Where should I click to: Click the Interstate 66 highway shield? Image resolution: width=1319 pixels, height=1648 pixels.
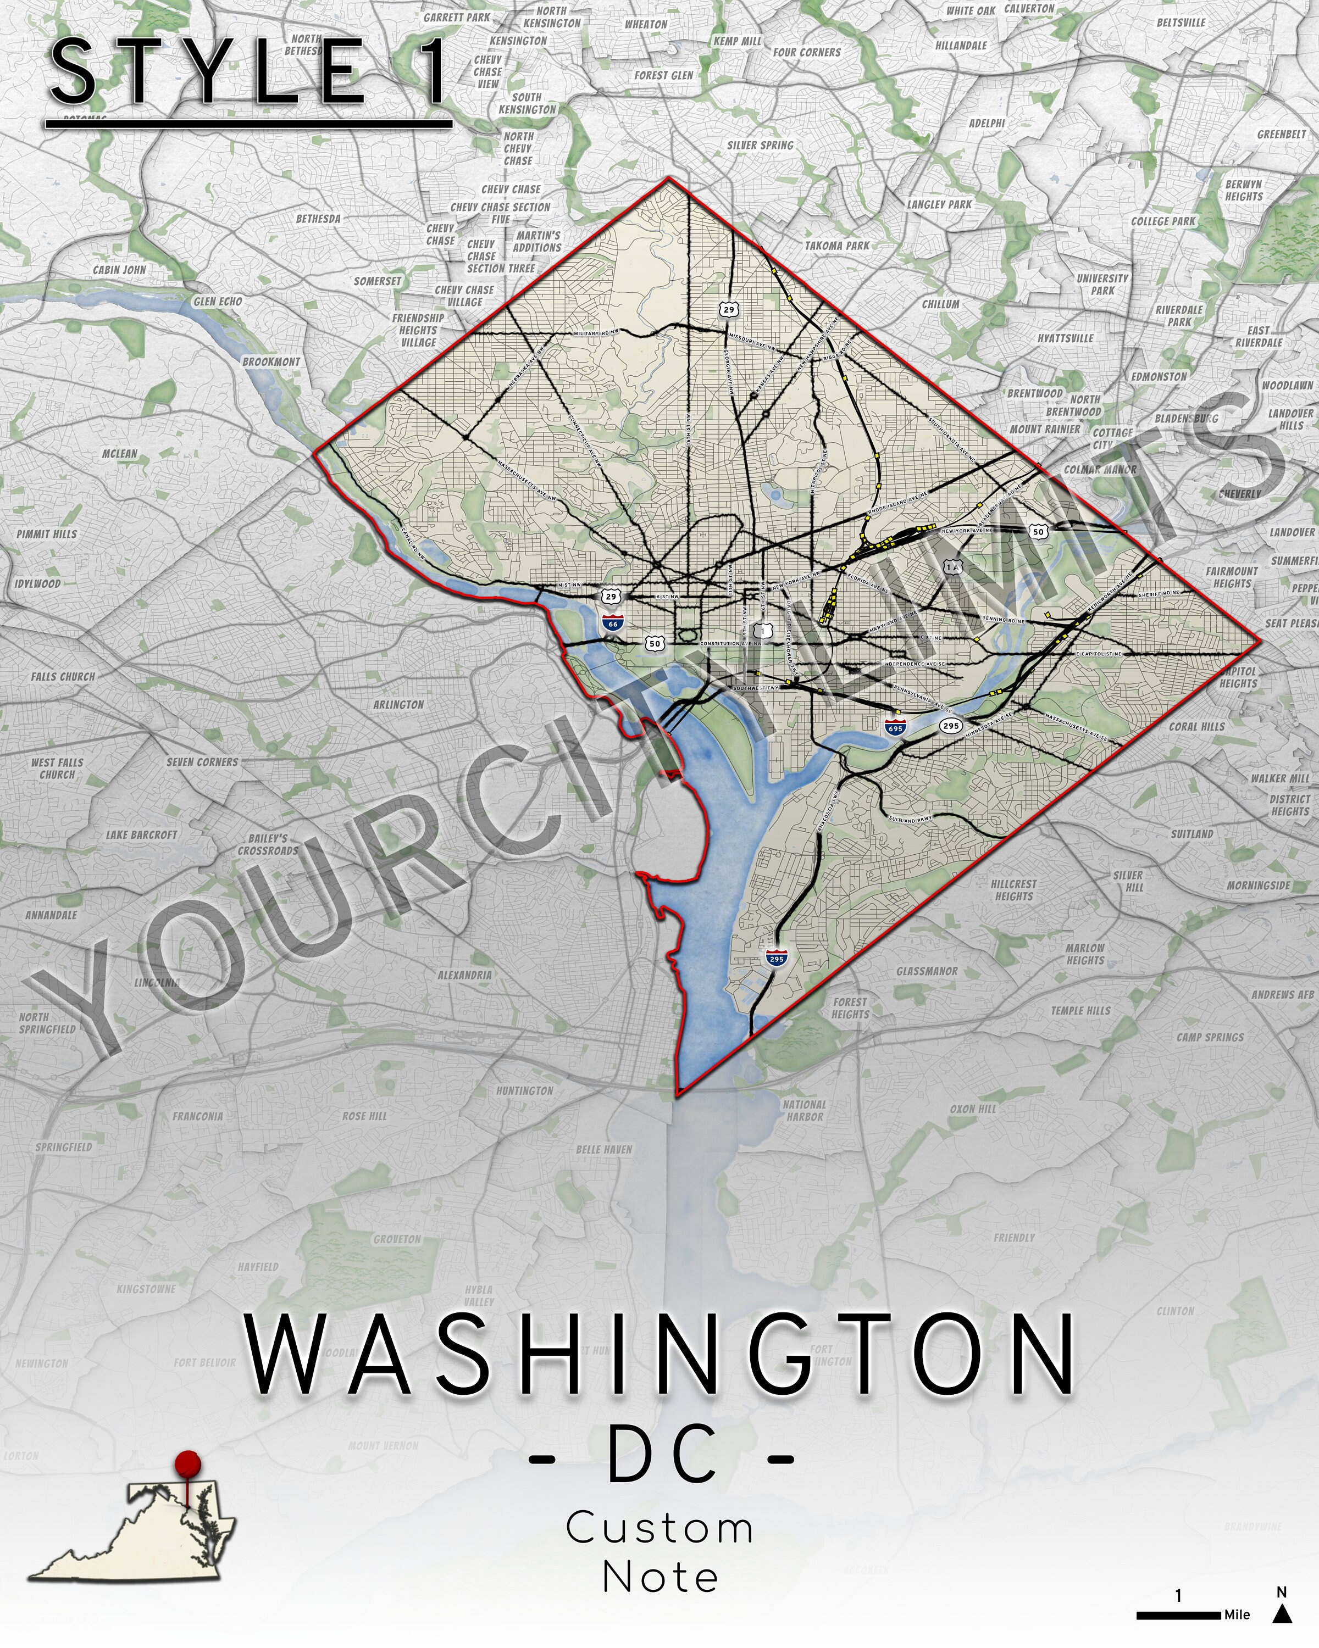click(612, 622)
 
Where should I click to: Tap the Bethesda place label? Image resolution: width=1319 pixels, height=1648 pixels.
click(318, 219)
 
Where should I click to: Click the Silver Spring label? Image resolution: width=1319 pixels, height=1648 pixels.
click(760, 145)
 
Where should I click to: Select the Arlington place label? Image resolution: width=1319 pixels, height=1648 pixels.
click(398, 704)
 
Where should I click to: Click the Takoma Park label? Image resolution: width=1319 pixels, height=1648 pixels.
click(837, 246)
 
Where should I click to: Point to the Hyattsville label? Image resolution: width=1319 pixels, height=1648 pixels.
click(1065, 338)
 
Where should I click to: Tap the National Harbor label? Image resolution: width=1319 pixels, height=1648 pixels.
click(805, 1110)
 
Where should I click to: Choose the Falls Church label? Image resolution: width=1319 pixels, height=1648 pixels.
click(63, 676)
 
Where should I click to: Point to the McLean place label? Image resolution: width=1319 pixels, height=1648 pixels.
click(119, 453)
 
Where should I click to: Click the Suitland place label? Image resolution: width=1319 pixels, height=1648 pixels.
click(1191, 833)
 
